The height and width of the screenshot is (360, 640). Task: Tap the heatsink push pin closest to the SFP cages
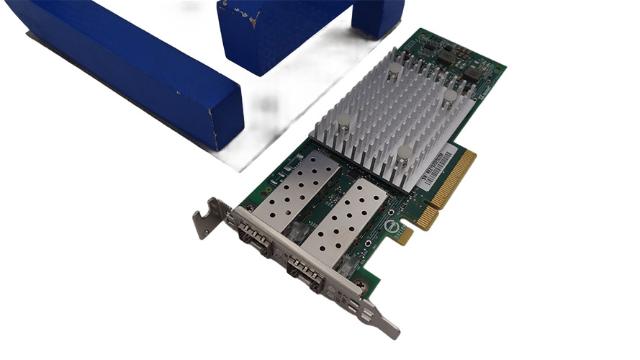tap(343, 120)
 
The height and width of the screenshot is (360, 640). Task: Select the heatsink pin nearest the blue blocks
tap(395, 70)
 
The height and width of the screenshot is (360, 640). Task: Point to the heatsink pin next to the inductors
tap(449, 96)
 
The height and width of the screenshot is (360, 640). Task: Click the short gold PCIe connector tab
tap(424, 217)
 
